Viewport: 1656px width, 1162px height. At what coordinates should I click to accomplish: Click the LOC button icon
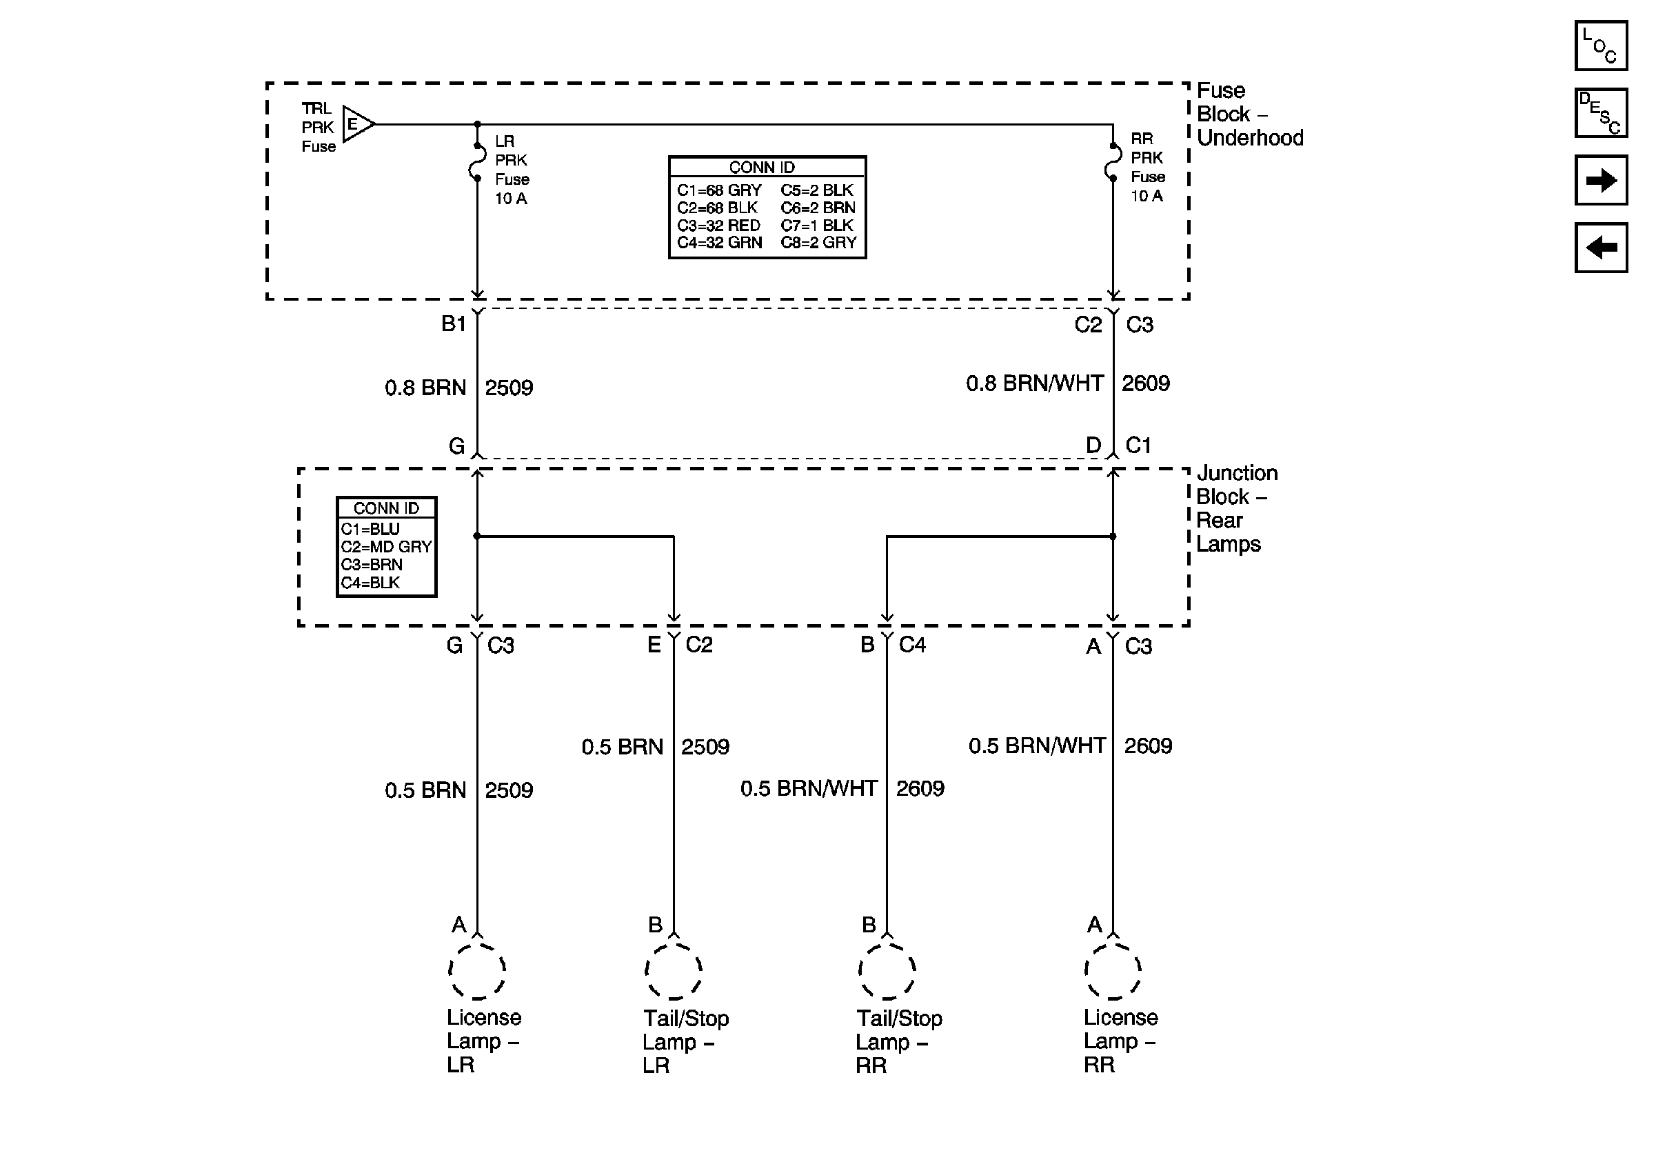1600,46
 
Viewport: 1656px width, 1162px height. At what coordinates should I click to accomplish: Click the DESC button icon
1600,112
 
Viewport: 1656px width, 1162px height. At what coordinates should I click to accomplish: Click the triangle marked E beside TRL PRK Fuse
357,124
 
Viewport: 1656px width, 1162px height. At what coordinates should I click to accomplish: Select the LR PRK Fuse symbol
477,162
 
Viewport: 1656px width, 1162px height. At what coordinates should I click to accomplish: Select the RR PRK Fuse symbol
1113,161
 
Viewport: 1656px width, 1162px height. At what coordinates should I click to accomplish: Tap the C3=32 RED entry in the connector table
718,225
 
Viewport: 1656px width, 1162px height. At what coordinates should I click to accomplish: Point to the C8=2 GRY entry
818,243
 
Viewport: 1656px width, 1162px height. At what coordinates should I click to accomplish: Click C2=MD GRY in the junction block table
386,547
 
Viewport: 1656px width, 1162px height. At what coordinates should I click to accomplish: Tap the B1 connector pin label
454,324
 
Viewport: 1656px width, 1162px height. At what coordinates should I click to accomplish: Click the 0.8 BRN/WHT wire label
1034,383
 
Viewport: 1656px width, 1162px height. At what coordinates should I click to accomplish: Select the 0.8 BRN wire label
425,388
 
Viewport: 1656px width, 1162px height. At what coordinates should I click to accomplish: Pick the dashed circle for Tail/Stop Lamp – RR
887,971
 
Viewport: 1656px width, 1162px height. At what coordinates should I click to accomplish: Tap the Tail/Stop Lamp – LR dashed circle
673,971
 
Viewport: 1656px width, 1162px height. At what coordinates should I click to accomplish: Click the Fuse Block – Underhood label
1249,114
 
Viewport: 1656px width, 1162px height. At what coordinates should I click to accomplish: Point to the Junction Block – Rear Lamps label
1235,508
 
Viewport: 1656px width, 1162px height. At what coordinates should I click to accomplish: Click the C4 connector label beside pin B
911,644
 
